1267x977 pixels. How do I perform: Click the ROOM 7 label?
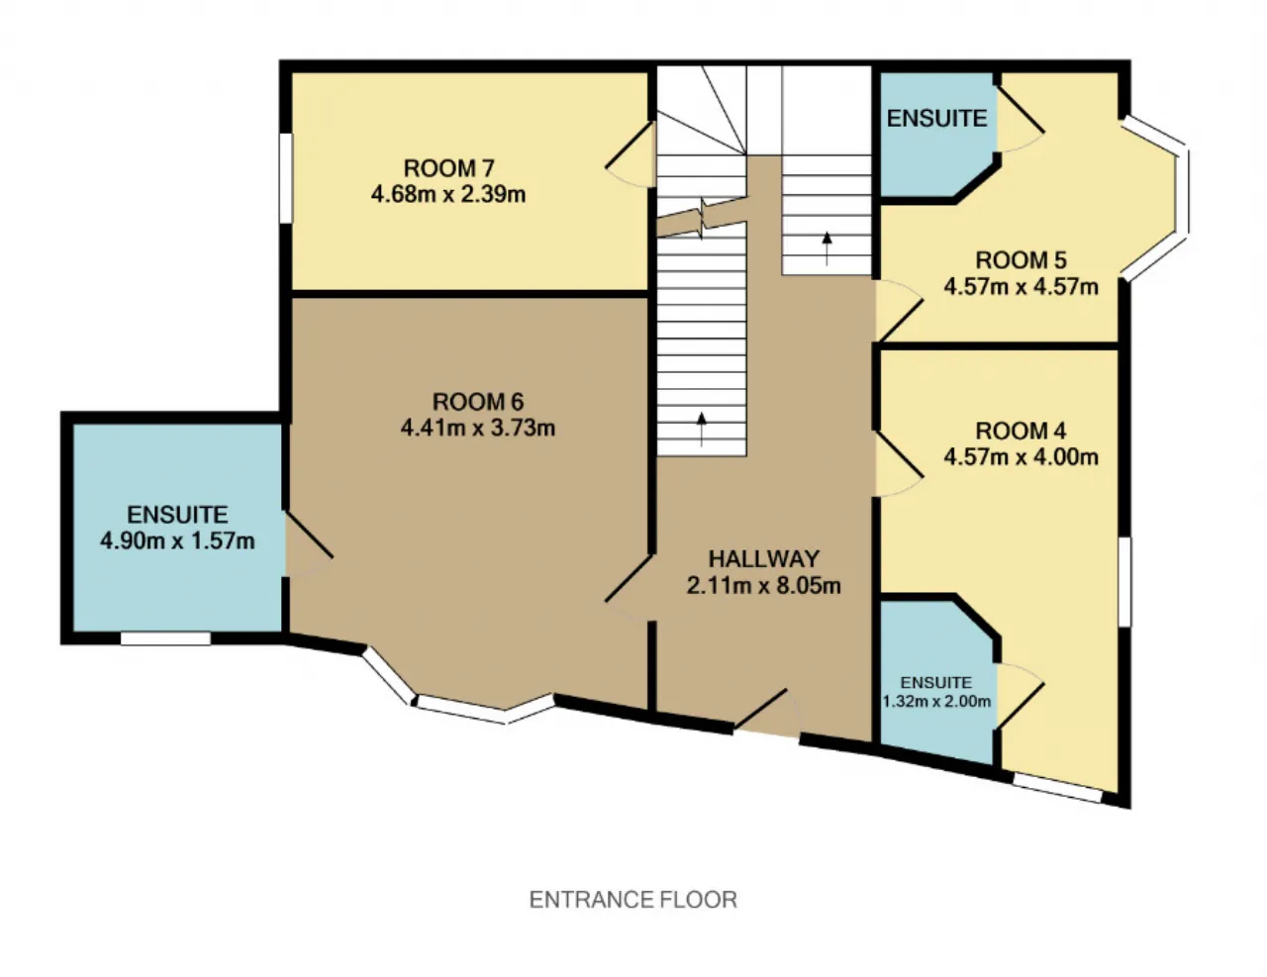click(449, 168)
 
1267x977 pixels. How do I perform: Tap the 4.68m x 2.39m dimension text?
click(448, 194)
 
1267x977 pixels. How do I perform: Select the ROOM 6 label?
click(478, 402)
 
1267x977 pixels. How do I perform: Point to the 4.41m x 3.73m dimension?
click(478, 429)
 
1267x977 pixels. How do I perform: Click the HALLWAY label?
click(764, 559)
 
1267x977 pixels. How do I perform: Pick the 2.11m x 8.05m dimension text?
click(764, 585)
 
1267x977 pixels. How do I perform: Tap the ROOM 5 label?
click(1021, 260)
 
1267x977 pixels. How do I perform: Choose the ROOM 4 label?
click(1021, 432)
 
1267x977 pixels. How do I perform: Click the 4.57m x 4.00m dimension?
click(1021, 457)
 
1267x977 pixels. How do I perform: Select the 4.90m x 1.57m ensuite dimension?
click(177, 541)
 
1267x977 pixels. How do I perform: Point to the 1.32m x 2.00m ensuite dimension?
click(936, 701)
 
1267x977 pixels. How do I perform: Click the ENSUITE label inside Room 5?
click(937, 119)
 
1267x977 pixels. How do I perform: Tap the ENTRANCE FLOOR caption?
click(633, 900)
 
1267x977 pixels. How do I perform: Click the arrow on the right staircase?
click(827, 248)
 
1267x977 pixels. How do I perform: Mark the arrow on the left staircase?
click(702, 430)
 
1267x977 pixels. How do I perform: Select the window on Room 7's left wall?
click(286, 178)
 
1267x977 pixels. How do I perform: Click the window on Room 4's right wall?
click(1124, 582)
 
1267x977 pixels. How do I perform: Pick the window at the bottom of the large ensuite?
click(165, 638)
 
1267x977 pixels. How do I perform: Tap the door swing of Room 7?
click(630, 154)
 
